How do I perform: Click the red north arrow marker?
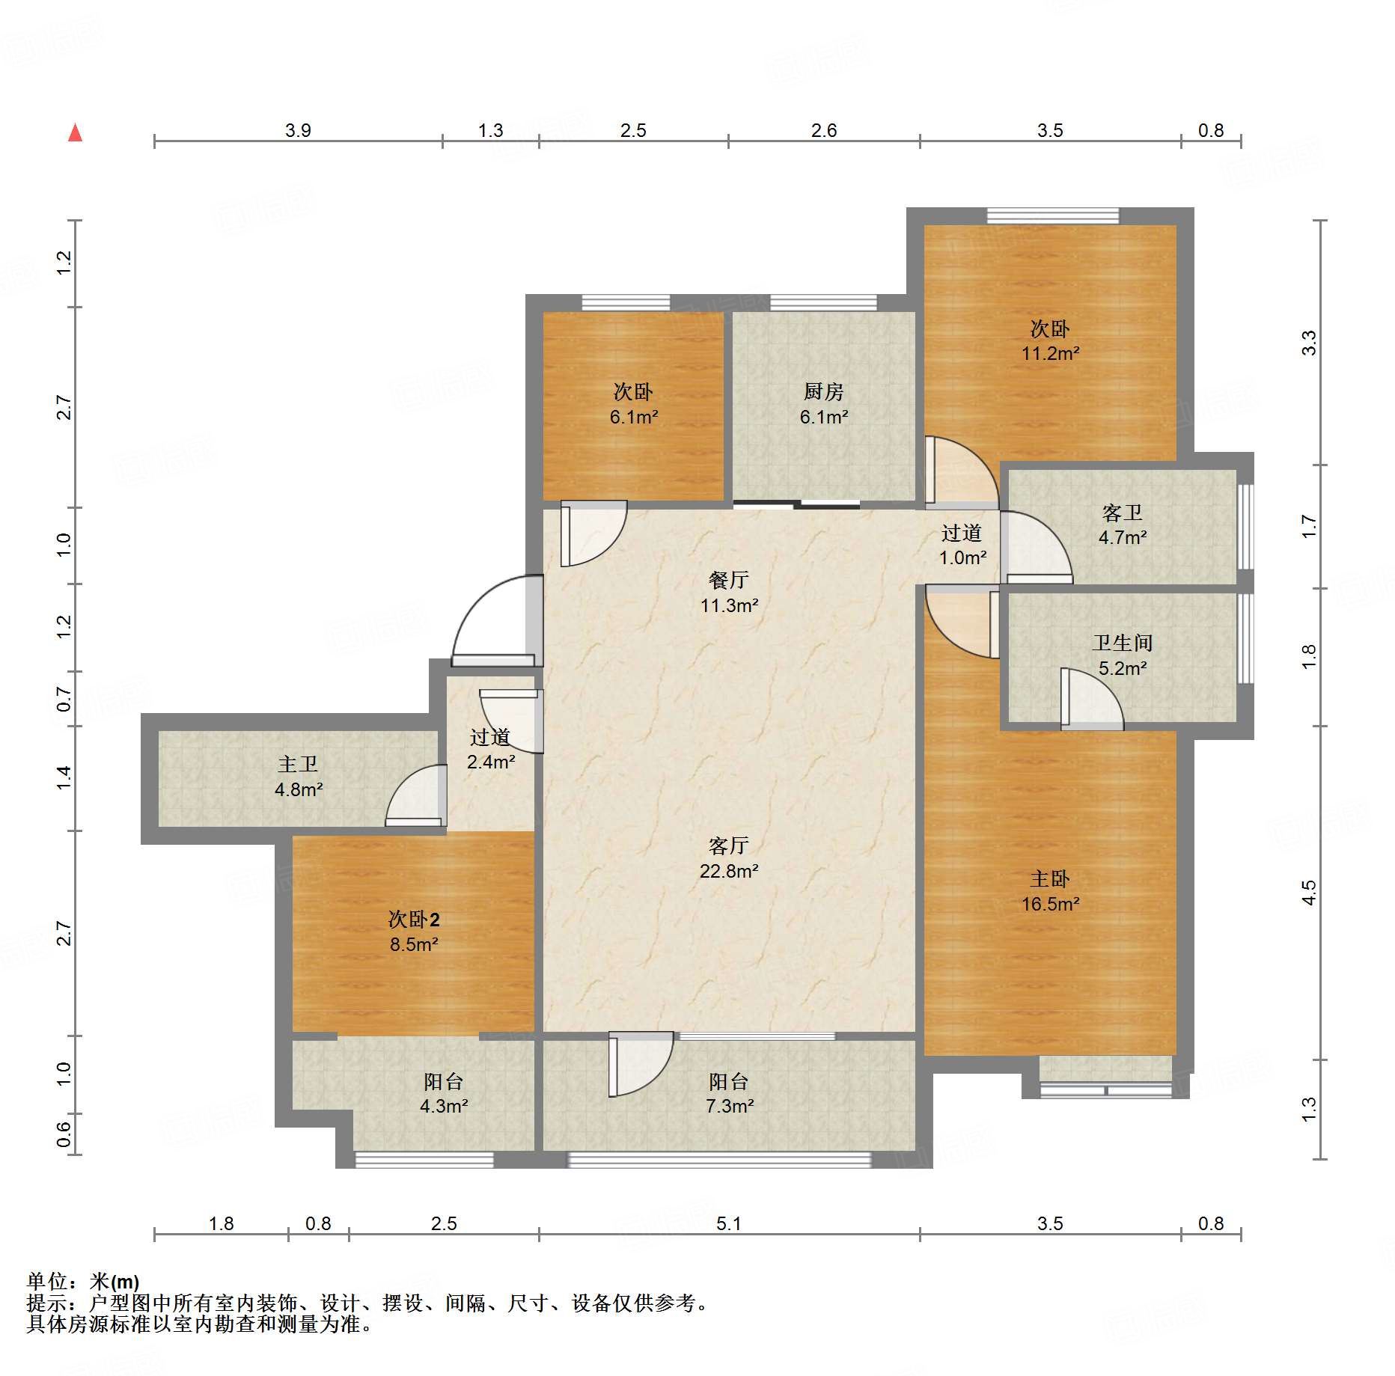click(x=75, y=132)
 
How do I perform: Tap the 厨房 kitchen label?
click(x=823, y=391)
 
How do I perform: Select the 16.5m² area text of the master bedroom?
click(x=1050, y=904)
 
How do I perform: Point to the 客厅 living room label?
click(x=728, y=846)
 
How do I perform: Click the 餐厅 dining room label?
click(x=728, y=580)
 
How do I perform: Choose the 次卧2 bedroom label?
click(x=414, y=919)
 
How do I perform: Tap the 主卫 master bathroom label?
click(x=298, y=764)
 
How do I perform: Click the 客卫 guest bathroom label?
click(x=1122, y=513)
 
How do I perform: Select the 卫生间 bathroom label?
click(x=1122, y=643)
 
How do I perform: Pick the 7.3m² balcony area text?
click(x=729, y=1106)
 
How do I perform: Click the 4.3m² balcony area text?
click(x=443, y=1106)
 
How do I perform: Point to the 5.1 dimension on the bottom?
click(x=728, y=1223)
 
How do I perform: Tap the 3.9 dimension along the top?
click(x=298, y=130)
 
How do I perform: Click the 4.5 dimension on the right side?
click(x=1308, y=893)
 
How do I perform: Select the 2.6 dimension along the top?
click(x=823, y=130)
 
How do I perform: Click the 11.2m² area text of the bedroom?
click(x=1050, y=353)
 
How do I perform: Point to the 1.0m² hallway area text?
click(x=962, y=557)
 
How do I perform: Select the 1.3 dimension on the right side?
click(x=1308, y=1109)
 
